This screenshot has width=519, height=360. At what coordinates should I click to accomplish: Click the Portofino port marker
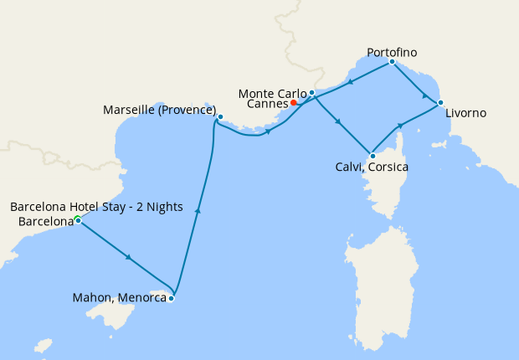click(x=392, y=61)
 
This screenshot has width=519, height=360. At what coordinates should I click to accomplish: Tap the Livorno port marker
click(x=440, y=103)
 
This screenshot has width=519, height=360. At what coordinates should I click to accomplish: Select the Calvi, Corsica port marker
click(x=372, y=155)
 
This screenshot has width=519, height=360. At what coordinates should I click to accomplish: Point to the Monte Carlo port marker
click(x=311, y=92)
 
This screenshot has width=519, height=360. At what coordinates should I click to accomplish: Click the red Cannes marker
click(x=294, y=103)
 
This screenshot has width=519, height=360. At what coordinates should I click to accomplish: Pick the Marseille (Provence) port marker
click(x=220, y=116)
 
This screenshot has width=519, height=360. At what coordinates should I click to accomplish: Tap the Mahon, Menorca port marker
click(x=171, y=297)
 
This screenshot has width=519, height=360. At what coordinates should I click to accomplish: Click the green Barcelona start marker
click(x=76, y=219)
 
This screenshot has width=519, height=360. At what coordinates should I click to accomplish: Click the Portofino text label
click(x=392, y=52)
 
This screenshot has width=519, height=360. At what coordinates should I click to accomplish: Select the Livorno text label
click(x=465, y=113)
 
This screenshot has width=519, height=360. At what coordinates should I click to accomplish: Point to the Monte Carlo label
click(x=272, y=92)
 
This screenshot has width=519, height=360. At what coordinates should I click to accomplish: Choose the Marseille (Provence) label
click(x=159, y=111)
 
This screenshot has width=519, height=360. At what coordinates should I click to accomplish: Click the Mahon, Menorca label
click(x=120, y=297)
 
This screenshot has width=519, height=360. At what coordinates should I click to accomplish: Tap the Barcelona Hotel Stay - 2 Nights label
click(x=96, y=207)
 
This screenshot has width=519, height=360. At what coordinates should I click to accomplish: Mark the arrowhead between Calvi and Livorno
click(x=401, y=126)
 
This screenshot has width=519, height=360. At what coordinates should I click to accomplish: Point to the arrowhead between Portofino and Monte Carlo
click(x=350, y=81)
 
